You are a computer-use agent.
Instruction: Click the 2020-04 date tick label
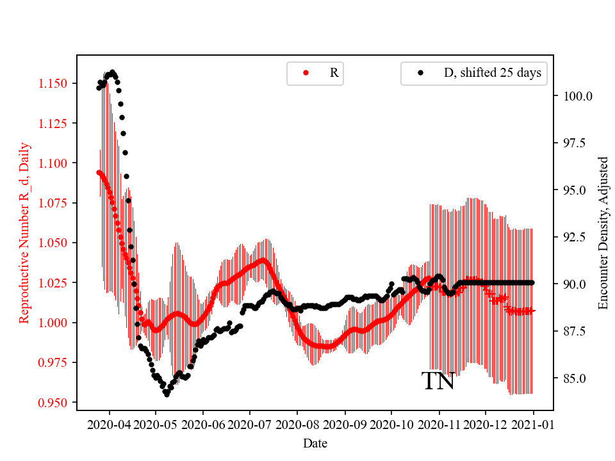tap(109, 425)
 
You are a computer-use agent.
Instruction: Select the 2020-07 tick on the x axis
tap(250, 425)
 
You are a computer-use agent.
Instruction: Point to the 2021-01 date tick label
tap(533, 425)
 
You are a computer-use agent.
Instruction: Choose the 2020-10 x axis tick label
tap(392, 425)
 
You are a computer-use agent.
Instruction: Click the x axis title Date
tap(315, 443)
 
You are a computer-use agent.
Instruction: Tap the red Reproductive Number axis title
tap(24, 233)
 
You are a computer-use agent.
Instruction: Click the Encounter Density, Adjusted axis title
tap(603, 233)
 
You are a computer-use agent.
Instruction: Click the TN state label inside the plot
tap(438, 382)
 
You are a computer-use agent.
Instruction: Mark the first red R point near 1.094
tap(99, 172)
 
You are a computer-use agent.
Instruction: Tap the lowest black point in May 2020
tap(167, 394)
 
